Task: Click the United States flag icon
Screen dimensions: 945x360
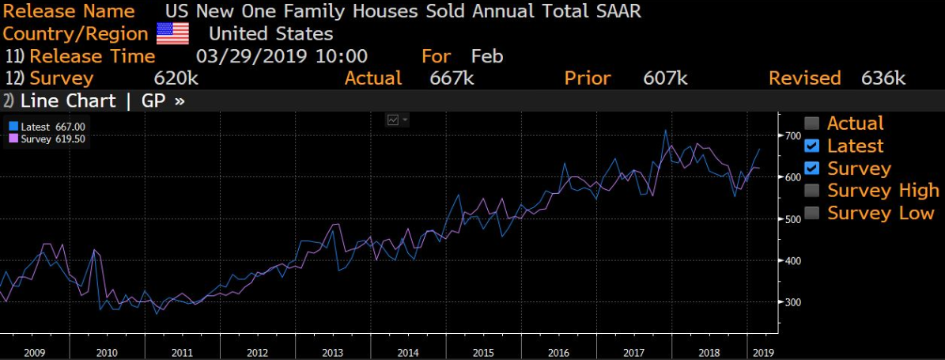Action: pos(172,33)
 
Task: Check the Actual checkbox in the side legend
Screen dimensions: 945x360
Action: pos(812,123)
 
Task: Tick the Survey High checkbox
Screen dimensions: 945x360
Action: pos(812,191)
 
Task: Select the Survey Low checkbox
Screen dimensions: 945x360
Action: pos(812,213)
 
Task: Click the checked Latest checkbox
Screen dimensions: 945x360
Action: pos(812,146)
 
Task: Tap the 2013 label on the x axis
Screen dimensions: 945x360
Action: pos(333,352)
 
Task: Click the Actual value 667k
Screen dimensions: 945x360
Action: pos(452,78)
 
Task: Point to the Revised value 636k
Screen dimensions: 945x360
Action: pos(883,78)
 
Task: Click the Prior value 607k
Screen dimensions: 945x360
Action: pos(666,78)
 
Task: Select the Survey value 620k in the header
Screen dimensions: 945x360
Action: pos(176,78)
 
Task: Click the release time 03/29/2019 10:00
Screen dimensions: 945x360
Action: pos(282,56)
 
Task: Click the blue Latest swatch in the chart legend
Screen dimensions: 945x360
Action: pos(13,127)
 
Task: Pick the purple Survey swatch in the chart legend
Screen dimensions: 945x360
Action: pos(13,138)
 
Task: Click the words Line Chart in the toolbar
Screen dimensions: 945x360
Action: pos(68,100)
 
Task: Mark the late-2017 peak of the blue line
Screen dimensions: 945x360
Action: pos(665,130)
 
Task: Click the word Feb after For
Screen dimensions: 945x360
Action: pos(487,56)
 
